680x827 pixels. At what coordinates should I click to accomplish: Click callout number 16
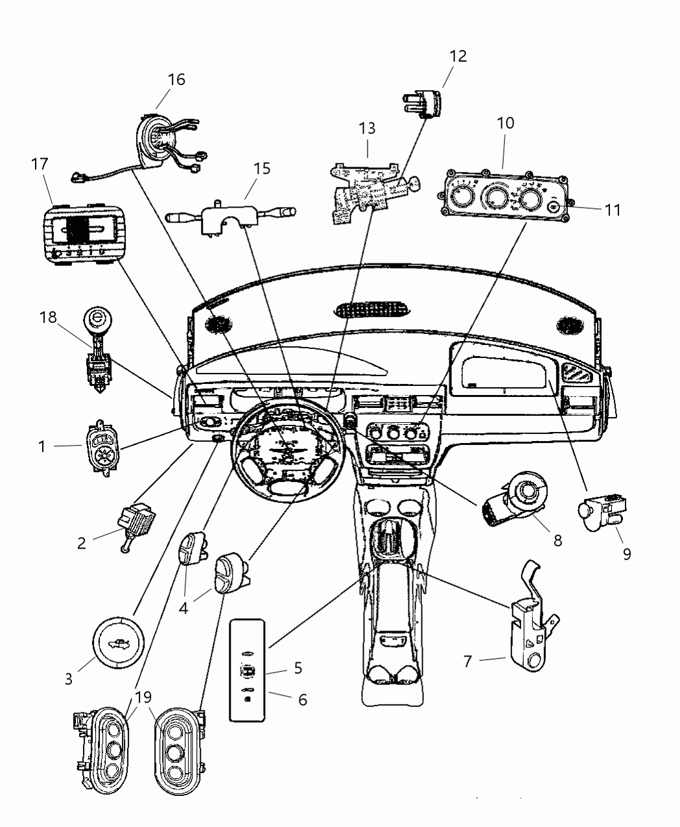click(176, 79)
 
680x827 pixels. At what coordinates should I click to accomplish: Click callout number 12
click(458, 56)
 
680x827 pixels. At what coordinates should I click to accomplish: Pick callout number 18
click(47, 317)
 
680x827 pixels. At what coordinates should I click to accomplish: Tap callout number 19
click(143, 697)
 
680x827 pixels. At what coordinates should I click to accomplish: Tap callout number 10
click(506, 123)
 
